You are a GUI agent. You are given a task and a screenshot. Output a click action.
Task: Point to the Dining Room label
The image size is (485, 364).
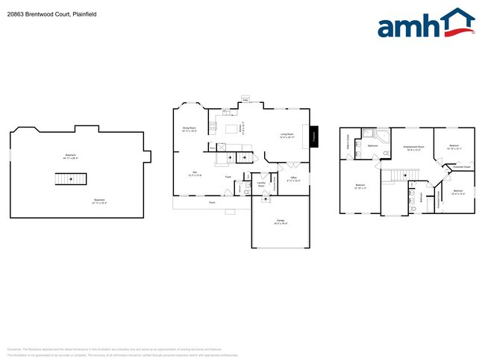tap(190, 128)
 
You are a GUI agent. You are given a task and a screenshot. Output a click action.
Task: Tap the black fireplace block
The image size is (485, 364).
tap(314, 136)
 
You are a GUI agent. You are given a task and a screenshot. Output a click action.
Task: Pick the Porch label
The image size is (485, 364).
tap(212, 201)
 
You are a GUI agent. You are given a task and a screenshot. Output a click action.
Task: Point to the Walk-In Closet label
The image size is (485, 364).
tap(348, 141)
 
